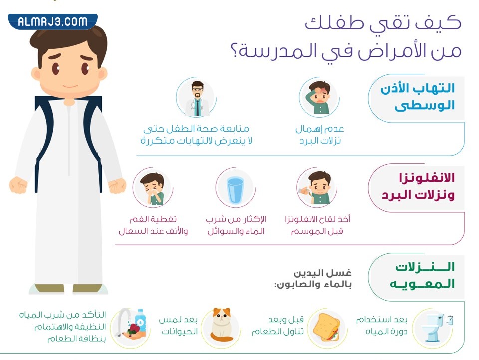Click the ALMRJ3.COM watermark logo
click(52, 21)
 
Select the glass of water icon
click(235, 189)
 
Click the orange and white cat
click(219, 325)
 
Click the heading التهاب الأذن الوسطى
click(424, 97)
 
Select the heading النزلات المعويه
click(425, 275)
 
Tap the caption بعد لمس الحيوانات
click(178, 325)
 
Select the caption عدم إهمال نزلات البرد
click(319, 135)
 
